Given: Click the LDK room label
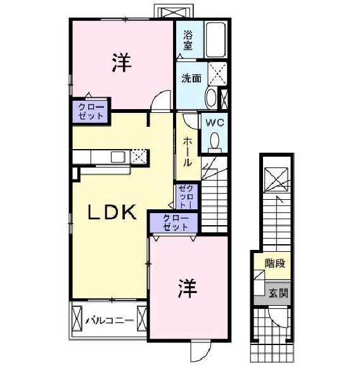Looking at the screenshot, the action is pyautogui.click(x=112, y=212).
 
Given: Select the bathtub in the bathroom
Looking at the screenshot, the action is pyautogui.click(x=215, y=39).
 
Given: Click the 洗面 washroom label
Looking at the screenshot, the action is pyautogui.click(x=191, y=79).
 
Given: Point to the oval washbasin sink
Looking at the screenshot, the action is pyautogui.click(x=211, y=97).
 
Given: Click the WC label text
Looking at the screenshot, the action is pyautogui.click(x=215, y=122).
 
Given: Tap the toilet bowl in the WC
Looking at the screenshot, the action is pyautogui.click(x=215, y=141).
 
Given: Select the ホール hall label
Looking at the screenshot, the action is pyautogui.click(x=188, y=152).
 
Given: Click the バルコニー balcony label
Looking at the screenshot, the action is pyautogui.click(x=110, y=320).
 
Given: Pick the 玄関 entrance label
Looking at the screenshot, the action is pyautogui.click(x=278, y=293).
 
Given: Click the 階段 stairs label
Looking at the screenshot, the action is pyautogui.click(x=275, y=263).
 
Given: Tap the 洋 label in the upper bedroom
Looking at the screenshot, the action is pyautogui.click(x=122, y=62).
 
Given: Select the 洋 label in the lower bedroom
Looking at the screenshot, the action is pyautogui.click(x=188, y=288).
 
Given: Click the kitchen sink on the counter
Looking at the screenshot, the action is pyautogui.click(x=118, y=157).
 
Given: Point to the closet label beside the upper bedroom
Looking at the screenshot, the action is pyautogui.click(x=91, y=112).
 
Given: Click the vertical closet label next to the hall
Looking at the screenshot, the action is pyautogui.click(x=186, y=197).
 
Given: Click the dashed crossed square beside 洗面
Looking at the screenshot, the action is pyautogui.click(x=217, y=74).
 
